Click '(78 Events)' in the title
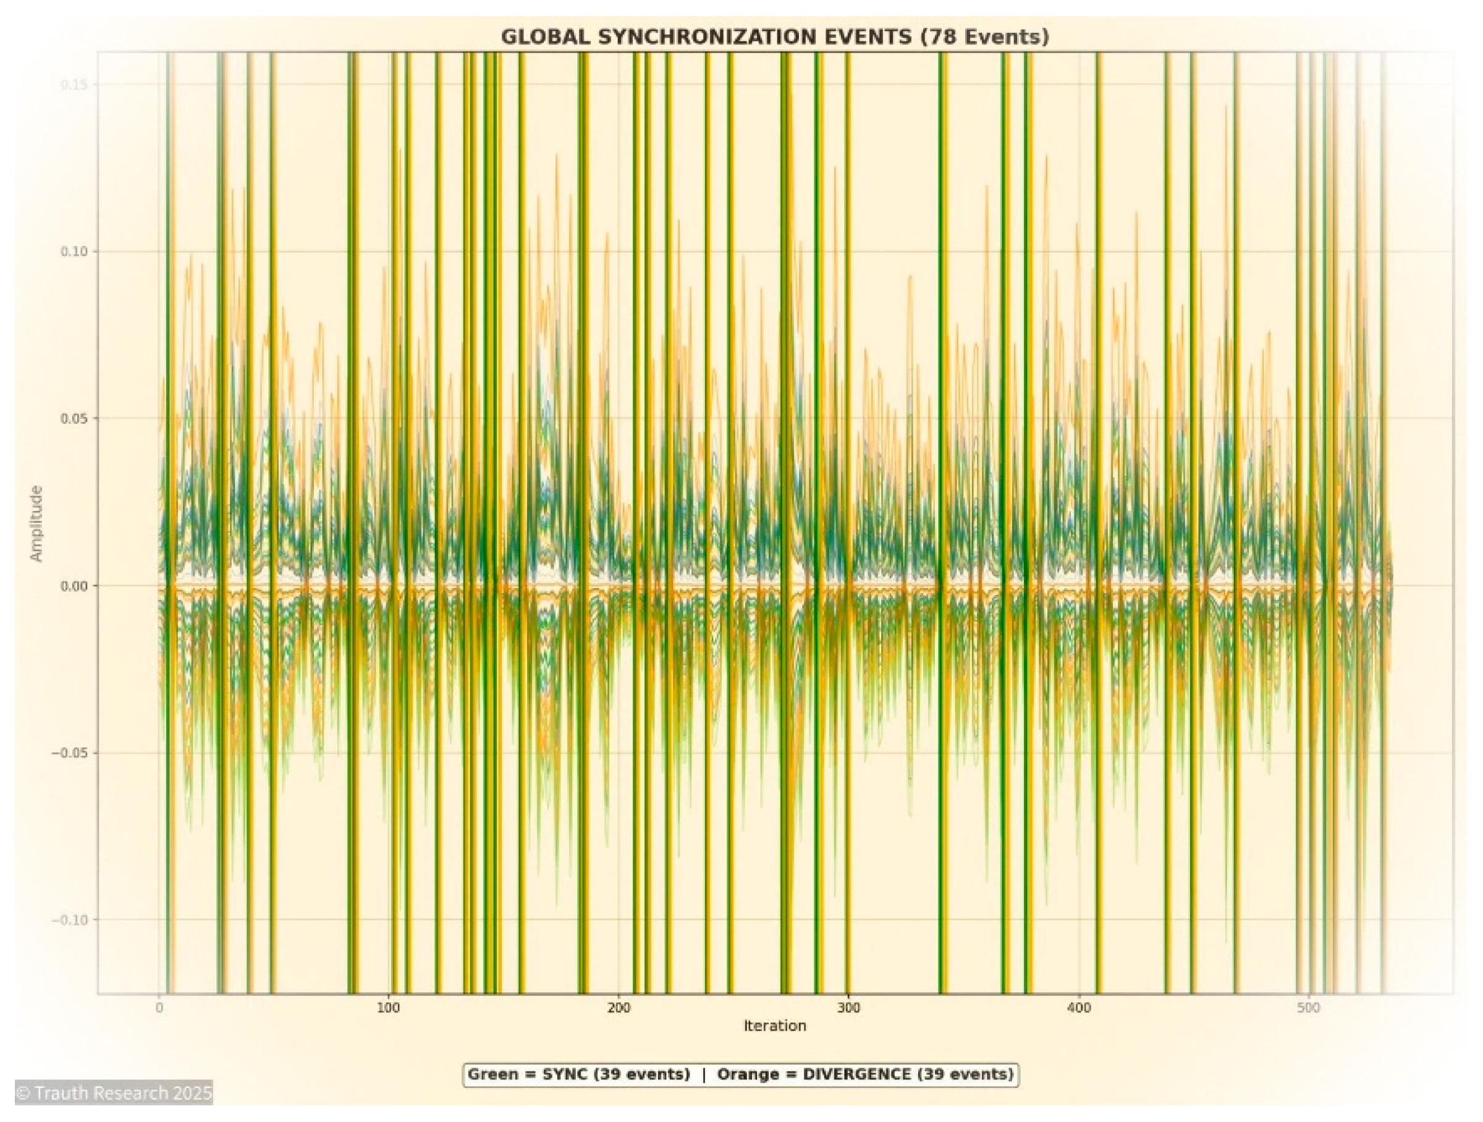(984, 37)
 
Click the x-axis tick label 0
(159, 1007)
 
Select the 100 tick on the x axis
(389, 1007)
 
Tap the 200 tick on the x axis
(619, 1007)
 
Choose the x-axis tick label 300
(849, 1007)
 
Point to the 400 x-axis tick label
(1079, 1007)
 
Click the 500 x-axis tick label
(1308, 1007)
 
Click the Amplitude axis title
(36, 523)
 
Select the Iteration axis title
(774, 1026)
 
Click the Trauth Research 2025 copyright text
(113, 1093)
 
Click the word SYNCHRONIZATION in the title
(754, 37)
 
